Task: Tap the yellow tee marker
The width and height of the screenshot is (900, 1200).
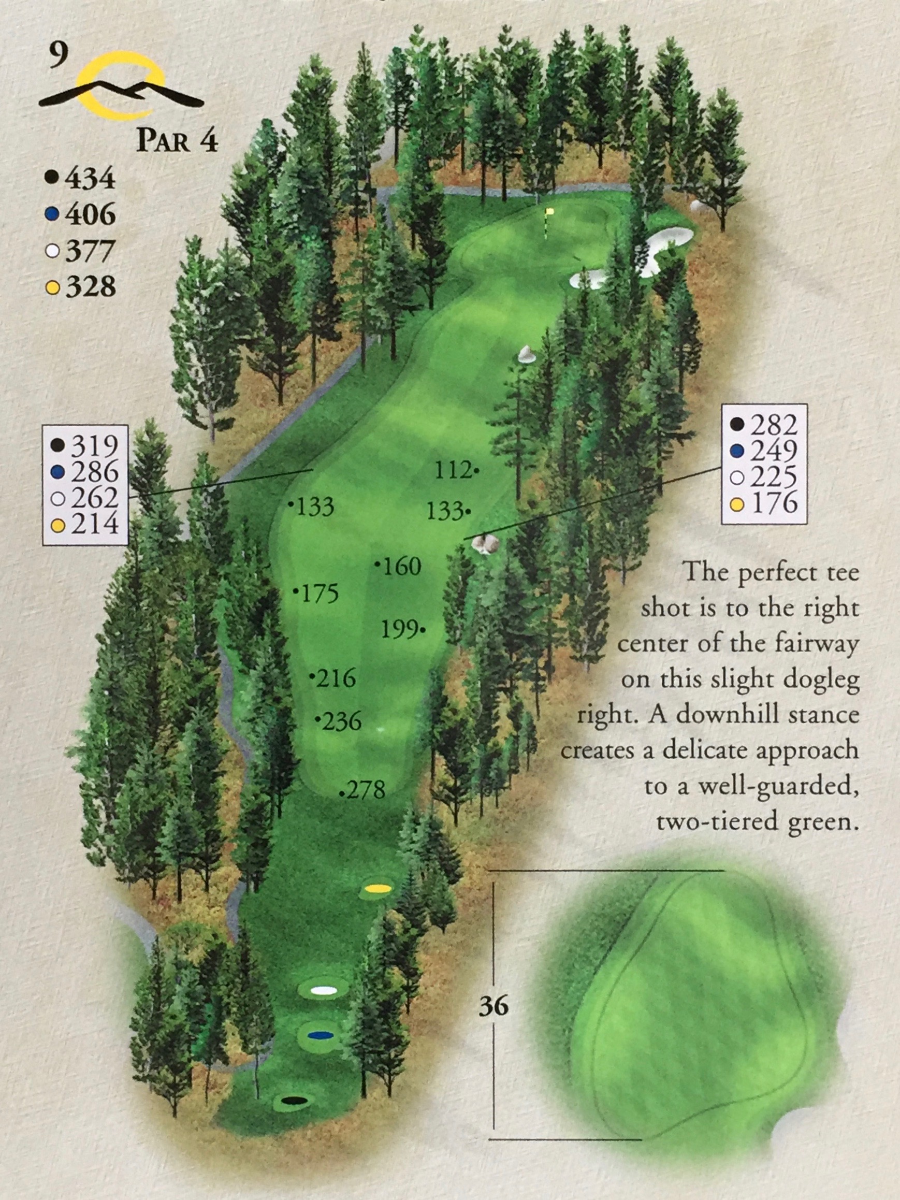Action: pyautogui.click(x=378, y=889)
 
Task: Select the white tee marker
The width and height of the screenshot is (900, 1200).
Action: pyautogui.click(x=324, y=991)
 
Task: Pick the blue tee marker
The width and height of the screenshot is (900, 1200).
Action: pyautogui.click(x=320, y=1036)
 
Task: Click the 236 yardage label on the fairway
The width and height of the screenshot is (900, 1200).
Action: pyautogui.click(x=341, y=721)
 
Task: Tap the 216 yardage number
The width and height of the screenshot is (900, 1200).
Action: pyautogui.click(x=336, y=678)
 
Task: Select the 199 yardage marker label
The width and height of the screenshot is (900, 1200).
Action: pyautogui.click(x=400, y=630)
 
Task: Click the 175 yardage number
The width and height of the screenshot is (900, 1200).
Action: pyautogui.click(x=320, y=594)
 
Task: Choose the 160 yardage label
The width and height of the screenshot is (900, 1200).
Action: pyautogui.click(x=402, y=567)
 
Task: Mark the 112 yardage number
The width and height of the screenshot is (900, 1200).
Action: pyautogui.click(x=454, y=470)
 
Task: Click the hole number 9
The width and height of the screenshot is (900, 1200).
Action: pyautogui.click(x=57, y=55)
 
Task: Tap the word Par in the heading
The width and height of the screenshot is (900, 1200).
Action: pyautogui.click(x=163, y=140)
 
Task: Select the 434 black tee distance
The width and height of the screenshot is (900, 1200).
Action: pyautogui.click(x=90, y=178)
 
